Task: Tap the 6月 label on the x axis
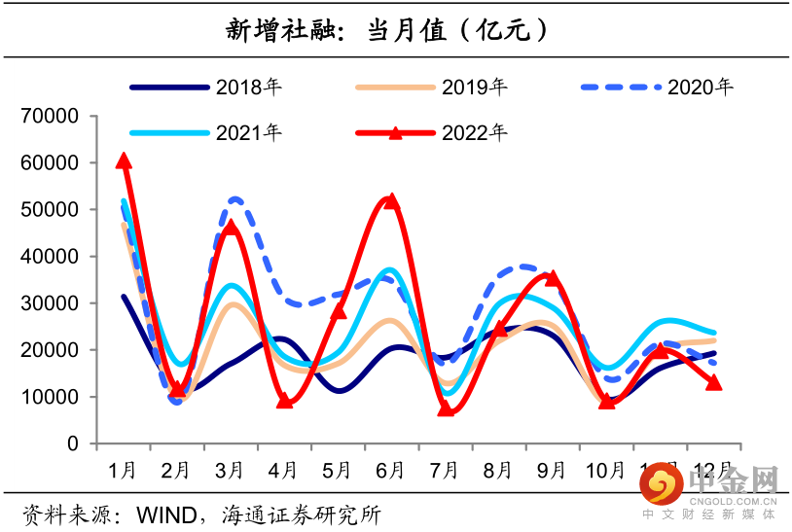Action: (389, 471)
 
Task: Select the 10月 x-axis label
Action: (605, 471)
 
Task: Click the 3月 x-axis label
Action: (229, 471)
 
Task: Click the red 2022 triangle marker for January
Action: (124, 160)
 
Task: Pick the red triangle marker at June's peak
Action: (391, 200)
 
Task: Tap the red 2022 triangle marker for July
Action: (446, 408)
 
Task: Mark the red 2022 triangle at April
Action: (284, 400)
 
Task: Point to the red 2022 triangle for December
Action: (713, 383)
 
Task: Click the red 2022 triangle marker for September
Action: (553, 278)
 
